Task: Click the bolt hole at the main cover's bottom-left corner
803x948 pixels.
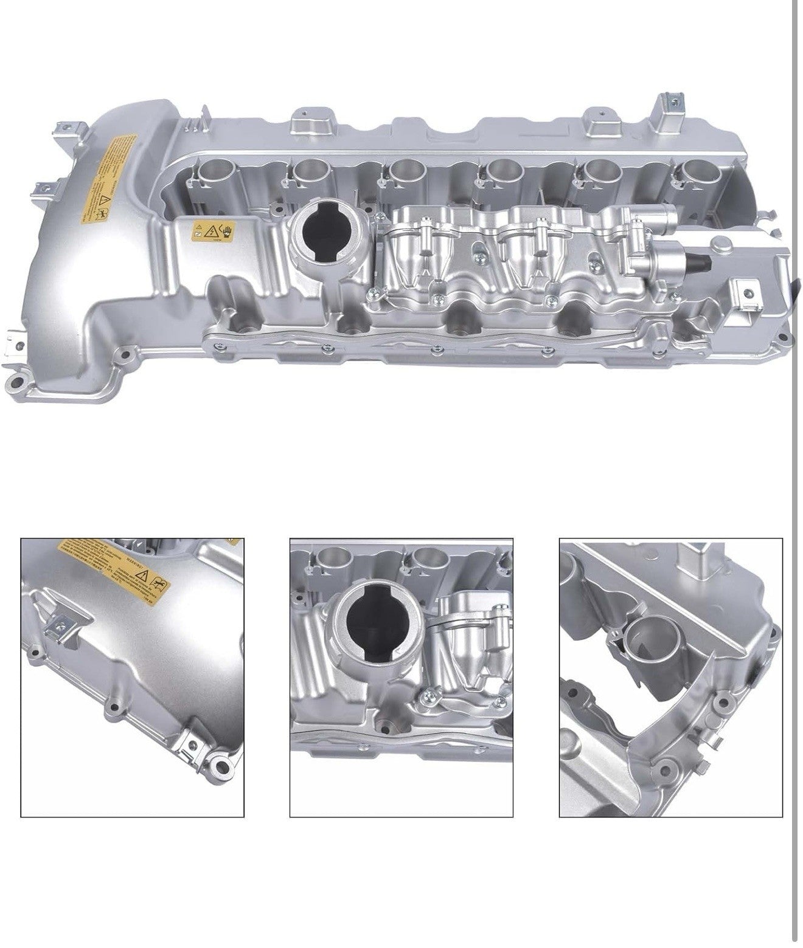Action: pyautogui.click(x=20, y=384)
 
